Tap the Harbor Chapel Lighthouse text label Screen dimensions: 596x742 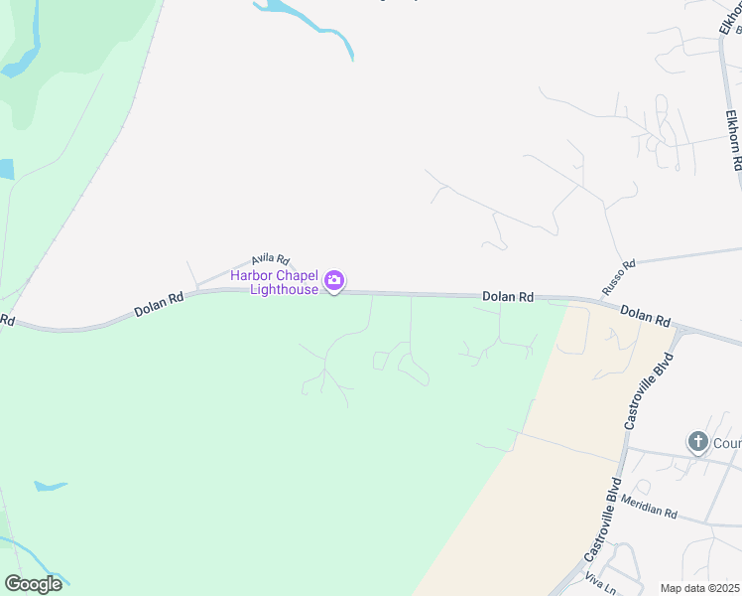point(275,282)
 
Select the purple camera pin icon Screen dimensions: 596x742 point(334,282)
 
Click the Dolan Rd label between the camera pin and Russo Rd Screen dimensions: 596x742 point(508,297)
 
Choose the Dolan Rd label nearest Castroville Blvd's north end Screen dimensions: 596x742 point(646,316)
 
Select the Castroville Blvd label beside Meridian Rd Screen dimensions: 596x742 point(603,518)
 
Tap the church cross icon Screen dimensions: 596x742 point(698,441)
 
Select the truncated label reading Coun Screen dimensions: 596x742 point(727,441)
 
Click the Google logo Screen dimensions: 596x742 point(33,584)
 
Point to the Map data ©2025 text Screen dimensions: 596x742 point(698,588)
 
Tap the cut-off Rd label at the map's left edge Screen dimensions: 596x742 point(7,320)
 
